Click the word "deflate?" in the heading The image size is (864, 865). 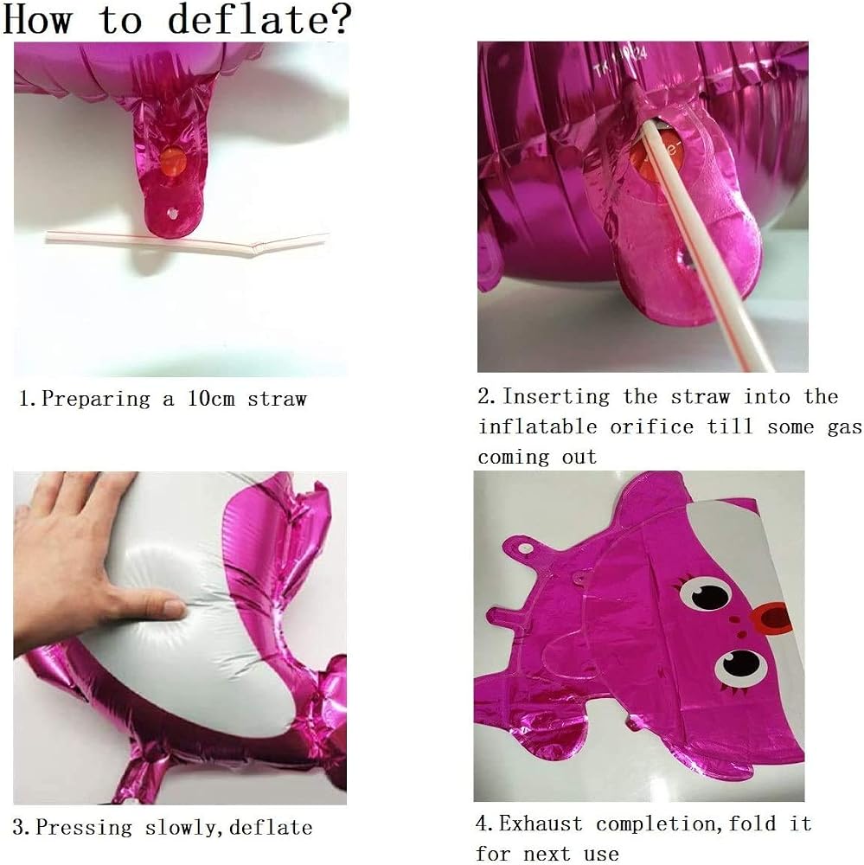point(259,19)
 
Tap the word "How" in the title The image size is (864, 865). point(37,19)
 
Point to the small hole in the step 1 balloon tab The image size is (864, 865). point(173,213)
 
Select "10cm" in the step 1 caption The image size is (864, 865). point(211,398)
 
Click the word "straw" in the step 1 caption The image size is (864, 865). point(277,399)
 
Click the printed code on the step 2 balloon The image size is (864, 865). point(621,61)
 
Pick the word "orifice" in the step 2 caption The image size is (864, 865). point(651,426)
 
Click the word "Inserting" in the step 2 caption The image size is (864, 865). point(556,396)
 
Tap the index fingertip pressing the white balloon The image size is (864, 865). point(175,608)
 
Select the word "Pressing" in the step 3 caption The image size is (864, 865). point(85,828)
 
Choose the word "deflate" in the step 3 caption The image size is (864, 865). point(271,828)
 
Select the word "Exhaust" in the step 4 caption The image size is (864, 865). point(541,823)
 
